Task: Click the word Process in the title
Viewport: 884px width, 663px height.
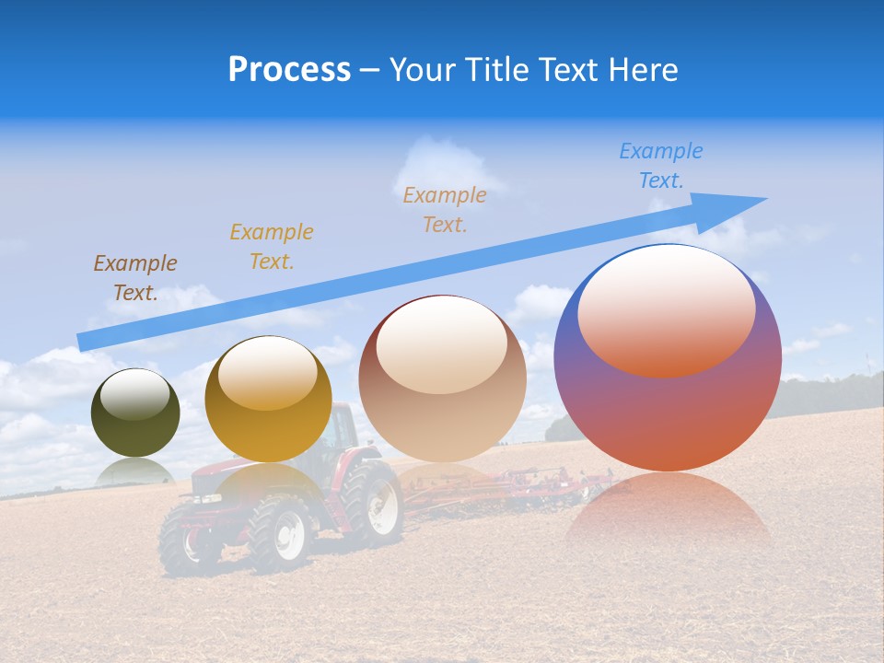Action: pyautogui.click(x=289, y=69)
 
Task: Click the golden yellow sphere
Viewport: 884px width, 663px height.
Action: pyautogui.click(x=268, y=400)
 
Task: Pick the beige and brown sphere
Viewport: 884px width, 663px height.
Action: pyautogui.click(x=442, y=378)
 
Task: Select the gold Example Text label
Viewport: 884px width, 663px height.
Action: pyautogui.click(x=272, y=246)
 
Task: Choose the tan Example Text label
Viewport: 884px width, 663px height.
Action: pyautogui.click(x=445, y=209)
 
